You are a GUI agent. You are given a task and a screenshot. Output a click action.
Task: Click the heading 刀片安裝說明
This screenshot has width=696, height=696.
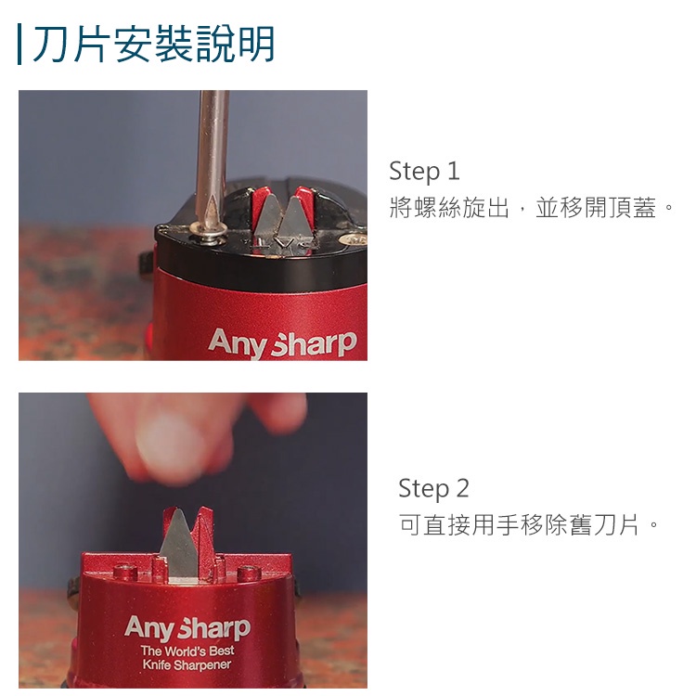[x=153, y=44]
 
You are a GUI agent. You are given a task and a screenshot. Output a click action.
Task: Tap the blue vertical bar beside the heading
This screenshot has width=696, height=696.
[x=19, y=44]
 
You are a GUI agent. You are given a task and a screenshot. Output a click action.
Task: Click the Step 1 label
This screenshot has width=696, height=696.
[x=424, y=172]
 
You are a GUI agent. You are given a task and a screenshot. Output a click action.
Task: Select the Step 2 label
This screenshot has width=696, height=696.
[x=433, y=488]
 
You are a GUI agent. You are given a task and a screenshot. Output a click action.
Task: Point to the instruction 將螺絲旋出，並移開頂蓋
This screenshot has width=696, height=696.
[x=522, y=208]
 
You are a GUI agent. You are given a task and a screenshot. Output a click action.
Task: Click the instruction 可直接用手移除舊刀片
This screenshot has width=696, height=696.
[x=518, y=524]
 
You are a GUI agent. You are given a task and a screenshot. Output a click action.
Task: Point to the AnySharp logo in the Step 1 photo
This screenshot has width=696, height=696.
[x=282, y=343]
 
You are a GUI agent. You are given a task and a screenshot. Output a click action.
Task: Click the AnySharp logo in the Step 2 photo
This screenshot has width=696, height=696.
[x=187, y=628]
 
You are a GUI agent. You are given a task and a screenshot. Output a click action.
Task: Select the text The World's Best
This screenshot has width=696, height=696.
[x=187, y=651]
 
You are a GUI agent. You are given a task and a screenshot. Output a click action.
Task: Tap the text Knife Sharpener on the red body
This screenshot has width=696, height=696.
[x=187, y=665]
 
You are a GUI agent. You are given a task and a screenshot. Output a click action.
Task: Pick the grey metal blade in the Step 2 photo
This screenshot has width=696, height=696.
[x=178, y=545]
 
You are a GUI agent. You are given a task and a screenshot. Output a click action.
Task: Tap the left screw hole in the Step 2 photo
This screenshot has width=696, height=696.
[x=124, y=572]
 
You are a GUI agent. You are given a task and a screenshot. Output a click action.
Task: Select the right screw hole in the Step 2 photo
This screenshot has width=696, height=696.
[x=249, y=573]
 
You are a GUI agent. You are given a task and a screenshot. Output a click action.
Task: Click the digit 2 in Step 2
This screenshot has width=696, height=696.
[x=462, y=488]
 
